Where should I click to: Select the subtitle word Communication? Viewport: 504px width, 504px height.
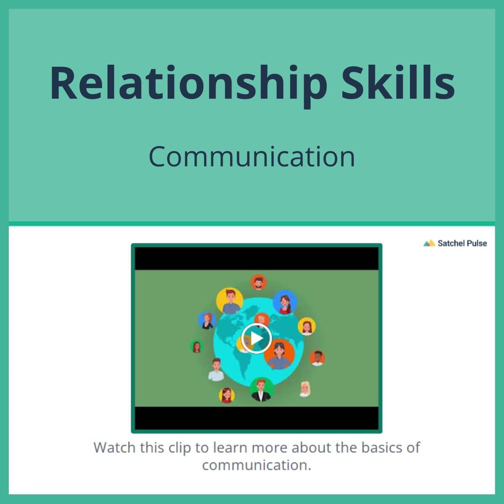pyautogui.click(x=252, y=156)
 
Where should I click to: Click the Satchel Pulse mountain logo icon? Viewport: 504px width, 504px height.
pyautogui.click(x=429, y=243)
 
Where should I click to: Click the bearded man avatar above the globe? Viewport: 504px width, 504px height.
pyautogui.click(x=258, y=282)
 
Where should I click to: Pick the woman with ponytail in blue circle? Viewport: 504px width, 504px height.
pyautogui.click(x=285, y=303)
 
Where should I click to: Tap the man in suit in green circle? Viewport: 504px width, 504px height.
pyautogui.click(x=261, y=389)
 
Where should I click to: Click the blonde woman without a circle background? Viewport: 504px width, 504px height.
pyautogui.click(x=305, y=388)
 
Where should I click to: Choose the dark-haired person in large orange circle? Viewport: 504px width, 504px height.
pyautogui.click(x=279, y=355)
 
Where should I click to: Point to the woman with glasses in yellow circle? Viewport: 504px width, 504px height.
pyautogui.click(x=227, y=395)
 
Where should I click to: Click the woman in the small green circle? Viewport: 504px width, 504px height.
pyautogui.click(x=197, y=346)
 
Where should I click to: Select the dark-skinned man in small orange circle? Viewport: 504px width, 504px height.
pyautogui.click(x=317, y=358)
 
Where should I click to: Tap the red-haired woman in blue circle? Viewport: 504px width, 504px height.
pyautogui.click(x=207, y=320)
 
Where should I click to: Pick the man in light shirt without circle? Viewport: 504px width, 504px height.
pyautogui.click(x=216, y=370)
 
